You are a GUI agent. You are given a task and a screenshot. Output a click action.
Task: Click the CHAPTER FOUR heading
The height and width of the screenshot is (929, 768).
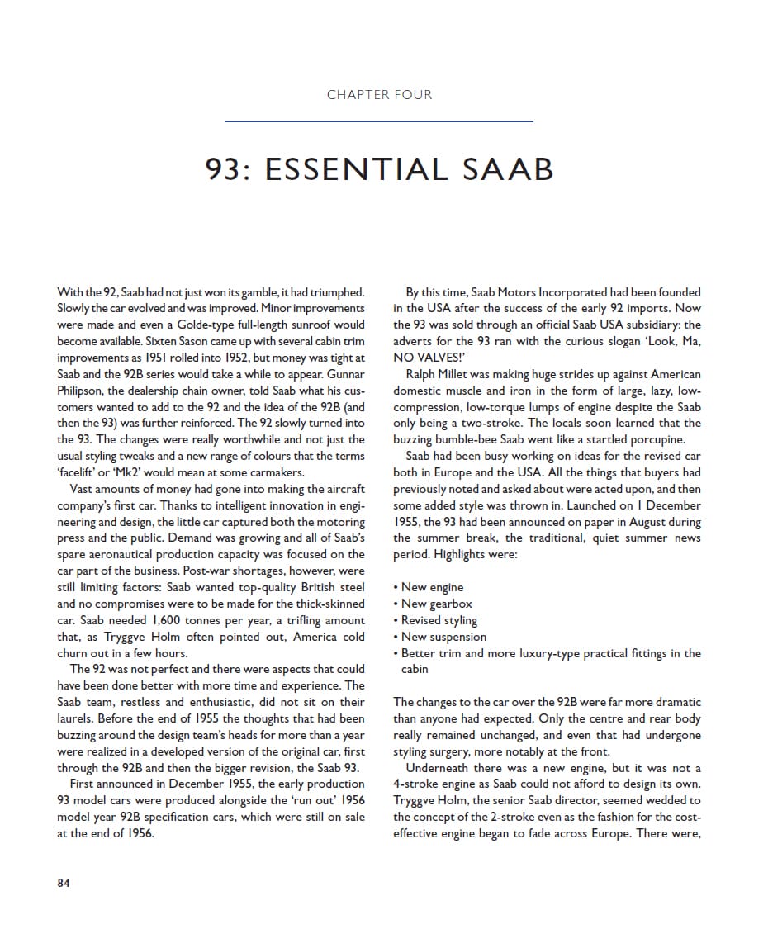point(379,95)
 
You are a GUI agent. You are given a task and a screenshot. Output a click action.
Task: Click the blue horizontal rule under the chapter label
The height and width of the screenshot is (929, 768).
point(379,121)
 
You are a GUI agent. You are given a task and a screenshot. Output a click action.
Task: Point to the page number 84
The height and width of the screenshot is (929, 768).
point(64,883)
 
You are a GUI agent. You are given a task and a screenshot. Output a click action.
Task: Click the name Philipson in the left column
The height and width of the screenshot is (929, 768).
point(85,391)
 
